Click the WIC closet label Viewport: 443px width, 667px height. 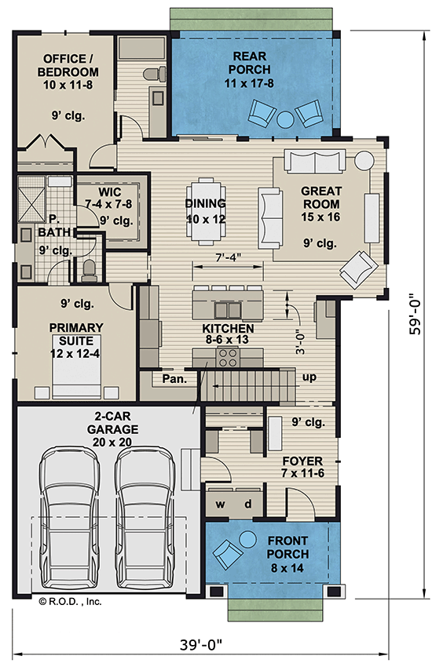click(x=109, y=193)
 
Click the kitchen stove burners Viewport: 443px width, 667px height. click(x=228, y=358)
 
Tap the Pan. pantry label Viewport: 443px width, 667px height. click(x=174, y=379)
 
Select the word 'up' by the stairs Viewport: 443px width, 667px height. click(x=309, y=377)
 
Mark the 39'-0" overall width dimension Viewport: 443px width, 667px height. click(x=199, y=645)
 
